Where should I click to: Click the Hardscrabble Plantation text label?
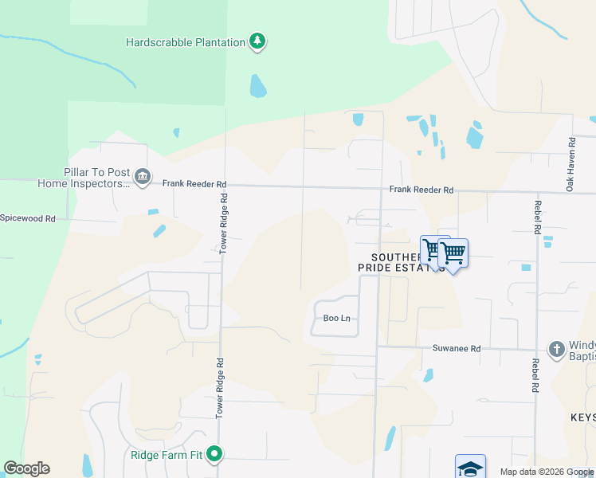coord(186,41)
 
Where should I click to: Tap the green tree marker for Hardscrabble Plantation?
coord(257,41)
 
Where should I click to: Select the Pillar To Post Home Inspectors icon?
coord(143,176)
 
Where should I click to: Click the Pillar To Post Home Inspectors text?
coord(84,178)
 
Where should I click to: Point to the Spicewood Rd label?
coord(28,217)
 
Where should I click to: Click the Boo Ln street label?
coord(336,318)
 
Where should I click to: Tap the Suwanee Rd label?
coord(457,348)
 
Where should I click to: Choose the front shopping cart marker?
coord(453,254)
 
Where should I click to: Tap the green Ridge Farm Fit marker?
coord(214,454)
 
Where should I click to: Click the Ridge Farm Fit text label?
coord(167,456)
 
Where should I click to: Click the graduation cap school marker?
coord(470,468)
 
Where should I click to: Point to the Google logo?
coord(26,468)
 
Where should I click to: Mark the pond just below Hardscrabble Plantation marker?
coord(257,85)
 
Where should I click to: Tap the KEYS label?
coord(582,417)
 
